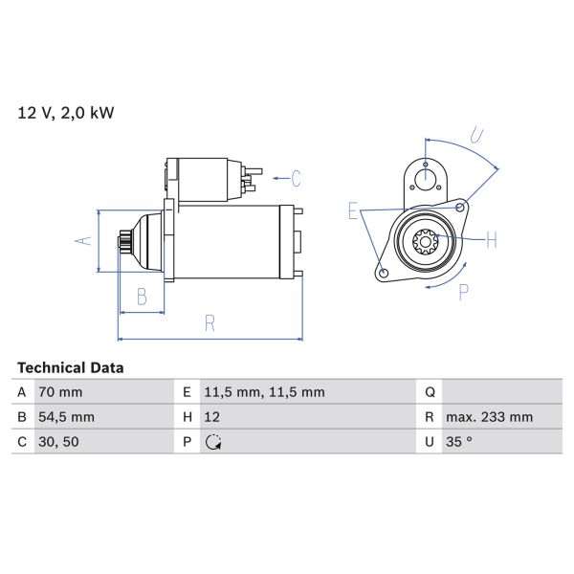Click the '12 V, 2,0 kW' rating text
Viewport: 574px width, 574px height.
click(65, 113)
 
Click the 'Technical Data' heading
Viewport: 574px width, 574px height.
click(70, 367)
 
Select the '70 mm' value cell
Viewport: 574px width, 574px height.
click(59, 392)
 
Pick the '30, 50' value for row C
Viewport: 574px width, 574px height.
click(59, 442)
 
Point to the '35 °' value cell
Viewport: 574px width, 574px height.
click(460, 442)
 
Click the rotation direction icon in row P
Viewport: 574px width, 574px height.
click(212, 442)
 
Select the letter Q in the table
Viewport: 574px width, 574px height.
click(429, 392)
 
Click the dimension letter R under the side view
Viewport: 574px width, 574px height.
click(210, 323)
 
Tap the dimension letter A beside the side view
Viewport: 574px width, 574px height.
click(82, 240)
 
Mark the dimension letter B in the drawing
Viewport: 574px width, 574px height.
click(141, 297)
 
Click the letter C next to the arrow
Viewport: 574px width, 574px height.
click(296, 178)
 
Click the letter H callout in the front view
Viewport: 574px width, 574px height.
click(491, 240)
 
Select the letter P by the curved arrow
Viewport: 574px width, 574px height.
click(463, 293)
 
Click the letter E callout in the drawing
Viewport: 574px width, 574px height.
click(353, 211)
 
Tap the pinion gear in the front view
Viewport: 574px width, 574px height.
click(424, 241)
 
